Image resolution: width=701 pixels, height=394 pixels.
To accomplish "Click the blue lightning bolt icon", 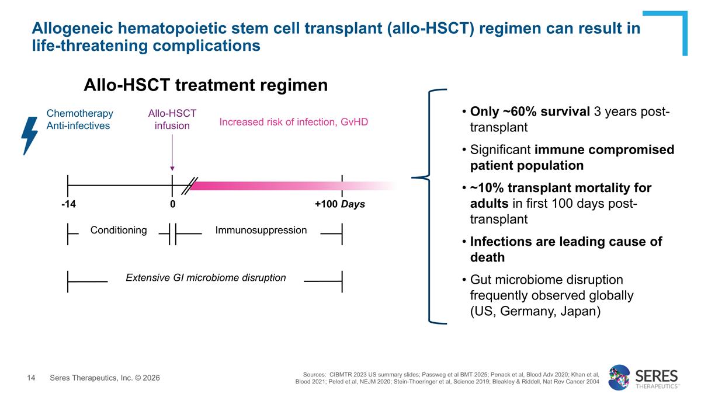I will click(x=29, y=135).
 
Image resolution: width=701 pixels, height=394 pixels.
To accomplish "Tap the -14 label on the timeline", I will click(x=68, y=204).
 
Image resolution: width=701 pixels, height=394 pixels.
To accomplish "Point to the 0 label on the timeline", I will click(x=172, y=204).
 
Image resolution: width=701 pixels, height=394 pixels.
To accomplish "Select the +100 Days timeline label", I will click(x=339, y=204).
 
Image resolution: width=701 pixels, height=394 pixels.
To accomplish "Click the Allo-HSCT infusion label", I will click(x=172, y=119).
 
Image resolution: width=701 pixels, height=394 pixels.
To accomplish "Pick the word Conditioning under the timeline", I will click(x=119, y=230).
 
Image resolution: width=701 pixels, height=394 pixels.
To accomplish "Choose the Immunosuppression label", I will click(x=261, y=230).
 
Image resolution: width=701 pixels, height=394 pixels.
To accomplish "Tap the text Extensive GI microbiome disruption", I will click(x=206, y=277).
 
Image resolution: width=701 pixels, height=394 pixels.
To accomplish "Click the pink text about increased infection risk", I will click(x=293, y=123).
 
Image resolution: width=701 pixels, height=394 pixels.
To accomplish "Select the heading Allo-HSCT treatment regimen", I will click(x=206, y=85).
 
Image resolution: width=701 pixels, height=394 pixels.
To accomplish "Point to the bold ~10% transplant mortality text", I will click(x=561, y=188).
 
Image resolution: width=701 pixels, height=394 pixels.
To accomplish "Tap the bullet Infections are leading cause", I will click(x=565, y=242).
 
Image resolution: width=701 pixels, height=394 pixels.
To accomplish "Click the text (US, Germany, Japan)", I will click(x=535, y=311).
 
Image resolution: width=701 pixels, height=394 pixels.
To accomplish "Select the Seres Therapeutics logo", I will click(x=643, y=377).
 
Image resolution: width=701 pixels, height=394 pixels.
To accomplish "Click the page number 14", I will click(x=32, y=378).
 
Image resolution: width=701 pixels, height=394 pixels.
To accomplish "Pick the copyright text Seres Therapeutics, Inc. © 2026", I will click(x=105, y=378).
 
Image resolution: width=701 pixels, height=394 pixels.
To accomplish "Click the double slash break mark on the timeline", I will click(x=190, y=186).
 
